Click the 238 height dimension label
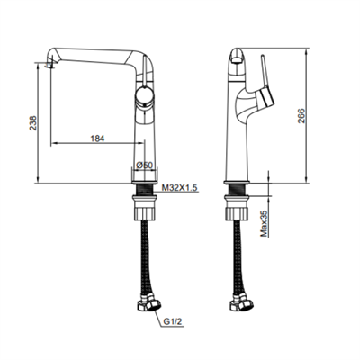(32, 123)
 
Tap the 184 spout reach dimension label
(97, 139)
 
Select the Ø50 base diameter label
(145, 165)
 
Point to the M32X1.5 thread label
(179, 188)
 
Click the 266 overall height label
(301, 116)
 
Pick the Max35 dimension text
(264, 223)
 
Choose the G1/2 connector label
(173, 322)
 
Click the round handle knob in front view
(145, 96)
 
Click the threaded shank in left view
(144, 190)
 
